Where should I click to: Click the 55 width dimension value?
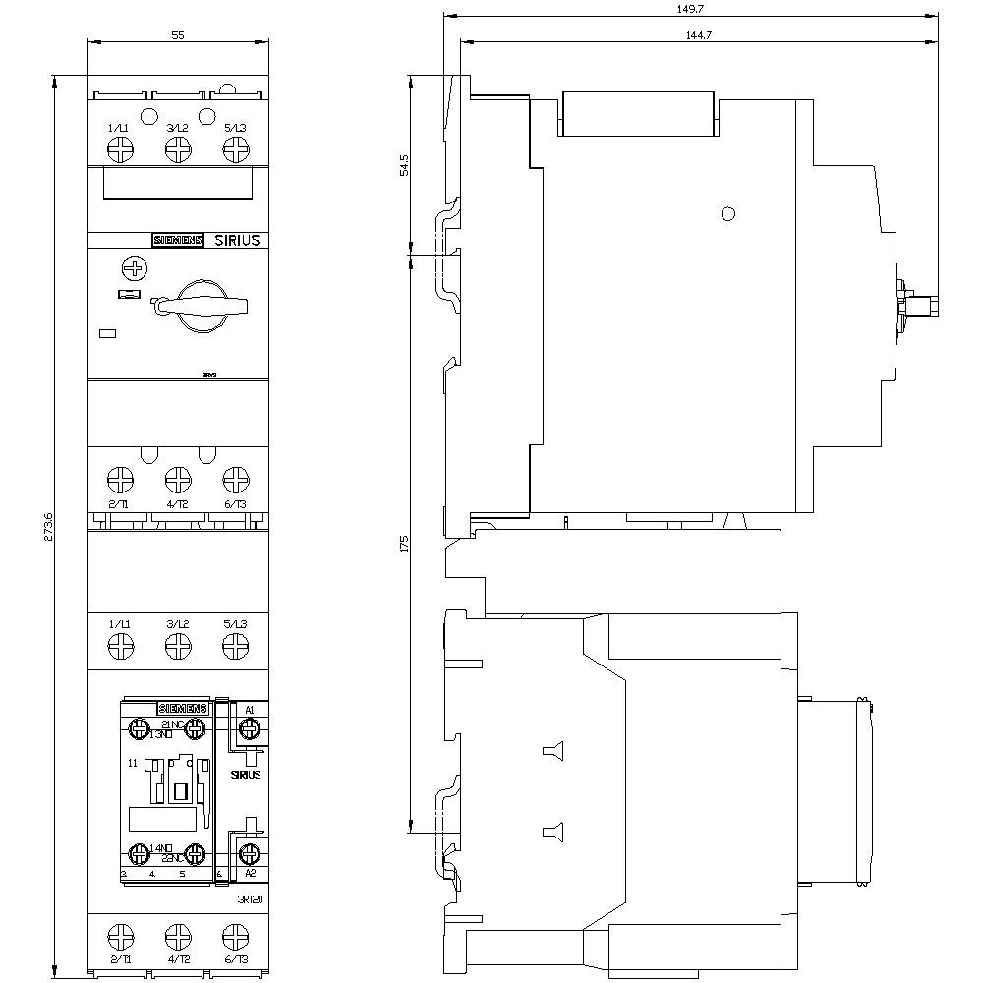[x=178, y=34]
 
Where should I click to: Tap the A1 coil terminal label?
[x=250, y=710]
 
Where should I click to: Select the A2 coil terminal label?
[x=250, y=873]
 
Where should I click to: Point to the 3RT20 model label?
[x=250, y=899]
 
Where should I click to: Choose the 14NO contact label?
[x=161, y=847]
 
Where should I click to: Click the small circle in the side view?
[x=727, y=214]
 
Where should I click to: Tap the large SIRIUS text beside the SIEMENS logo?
[x=237, y=240]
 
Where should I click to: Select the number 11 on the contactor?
[x=132, y=763]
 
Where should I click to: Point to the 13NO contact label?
[x=161, y=734]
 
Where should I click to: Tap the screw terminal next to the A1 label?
[x=250, y=728]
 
